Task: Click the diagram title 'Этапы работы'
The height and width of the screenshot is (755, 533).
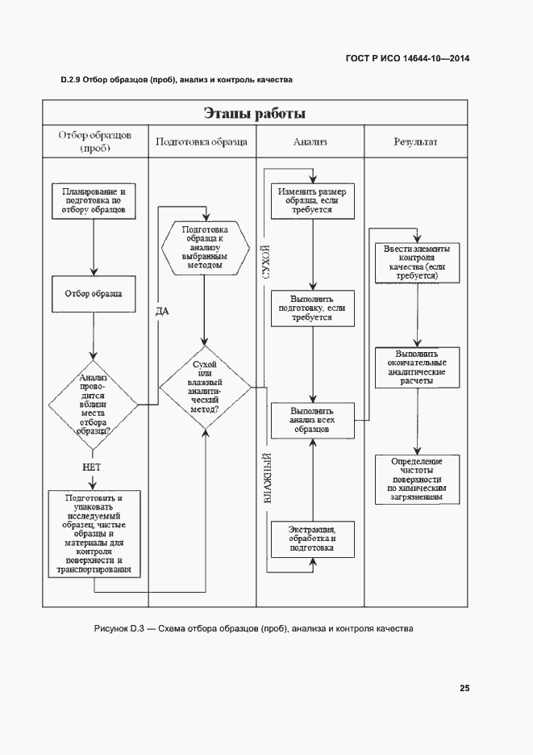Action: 254,112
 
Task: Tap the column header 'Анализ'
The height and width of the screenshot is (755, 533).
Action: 310,142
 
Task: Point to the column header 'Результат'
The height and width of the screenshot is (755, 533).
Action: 415,142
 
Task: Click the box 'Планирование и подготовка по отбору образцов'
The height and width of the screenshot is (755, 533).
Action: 94,199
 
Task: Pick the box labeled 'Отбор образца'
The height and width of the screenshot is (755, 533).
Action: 94,295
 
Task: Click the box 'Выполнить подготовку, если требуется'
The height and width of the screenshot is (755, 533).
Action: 312,308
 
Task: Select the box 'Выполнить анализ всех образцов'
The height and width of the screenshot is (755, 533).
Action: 312,421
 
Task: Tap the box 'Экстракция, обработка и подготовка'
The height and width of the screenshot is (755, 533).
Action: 312,539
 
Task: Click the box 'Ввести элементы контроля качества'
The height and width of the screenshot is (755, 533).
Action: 417,262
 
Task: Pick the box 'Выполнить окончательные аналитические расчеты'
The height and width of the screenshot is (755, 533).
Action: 417,367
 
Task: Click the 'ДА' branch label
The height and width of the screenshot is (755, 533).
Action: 162,311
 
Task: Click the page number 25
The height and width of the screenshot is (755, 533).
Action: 464,688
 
